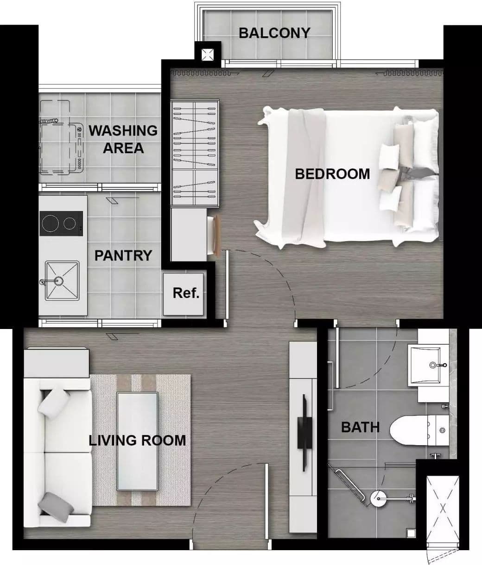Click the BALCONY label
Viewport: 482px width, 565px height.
274,33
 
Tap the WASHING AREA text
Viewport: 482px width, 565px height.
123,139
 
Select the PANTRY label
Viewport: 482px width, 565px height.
123,255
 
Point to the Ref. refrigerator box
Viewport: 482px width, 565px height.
184,294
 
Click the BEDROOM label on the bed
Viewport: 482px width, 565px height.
332,174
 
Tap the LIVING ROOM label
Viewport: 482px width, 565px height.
137,441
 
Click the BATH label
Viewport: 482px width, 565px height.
360,427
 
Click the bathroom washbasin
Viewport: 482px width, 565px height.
428,365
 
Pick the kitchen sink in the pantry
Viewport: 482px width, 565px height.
62,281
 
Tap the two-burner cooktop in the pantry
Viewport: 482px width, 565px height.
61,224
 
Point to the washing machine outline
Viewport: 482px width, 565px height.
62,137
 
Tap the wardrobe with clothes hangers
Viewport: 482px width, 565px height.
195,153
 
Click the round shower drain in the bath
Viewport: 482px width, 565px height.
379,499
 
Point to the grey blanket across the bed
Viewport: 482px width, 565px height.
305,178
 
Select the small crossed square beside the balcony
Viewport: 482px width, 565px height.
208,55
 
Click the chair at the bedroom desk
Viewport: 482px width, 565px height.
214,236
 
